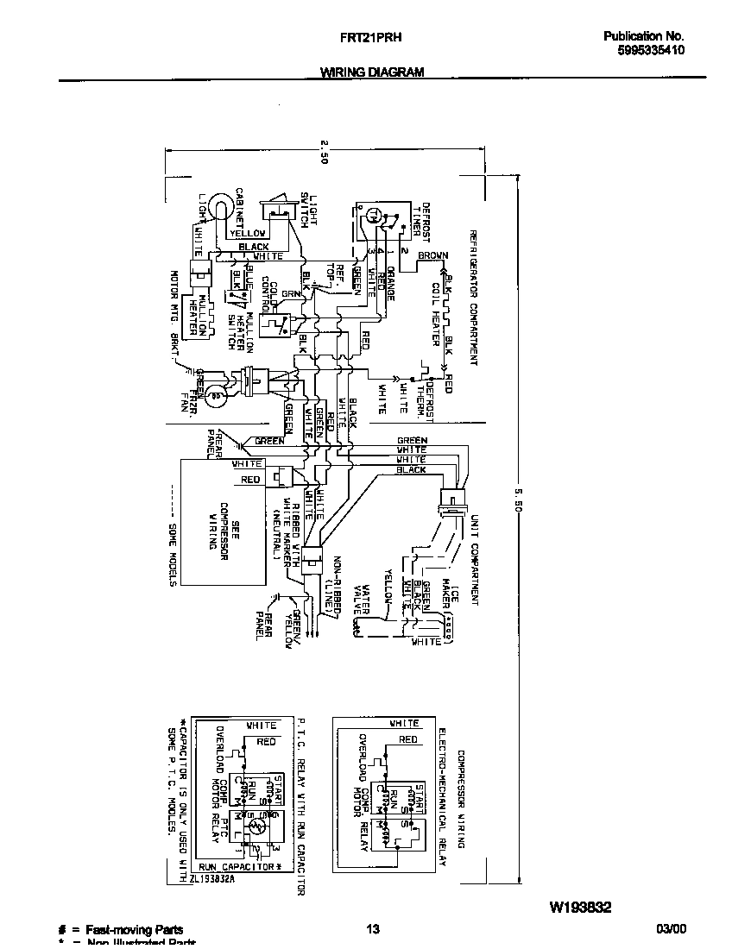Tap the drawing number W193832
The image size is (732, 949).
(580, 908)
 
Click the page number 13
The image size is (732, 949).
(372, 929)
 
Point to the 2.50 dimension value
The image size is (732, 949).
(324, 152)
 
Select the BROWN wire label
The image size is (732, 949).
(432, 256)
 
